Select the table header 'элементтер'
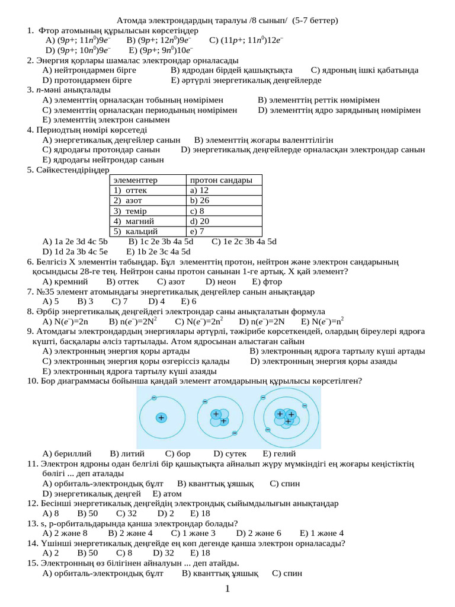[x=136, y=180]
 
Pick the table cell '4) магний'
[x=134, y=221]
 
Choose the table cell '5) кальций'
[x=136, y=231]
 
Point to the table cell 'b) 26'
[x=200, y=200]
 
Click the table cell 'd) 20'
[x=200, y=221]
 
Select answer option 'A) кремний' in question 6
[x=66, y=282]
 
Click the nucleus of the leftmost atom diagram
[x=161, y=417]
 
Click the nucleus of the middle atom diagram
[x=219, y=417]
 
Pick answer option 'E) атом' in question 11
[x=167, y=493]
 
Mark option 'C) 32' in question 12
[x=126, y=513]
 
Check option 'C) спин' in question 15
[x=287, y=573]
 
